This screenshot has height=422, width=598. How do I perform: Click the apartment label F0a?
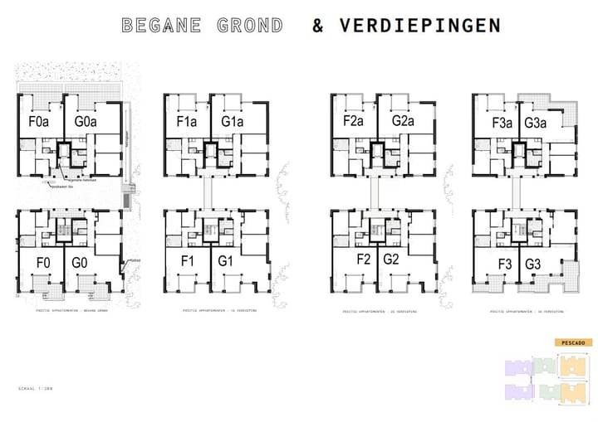coord(40,122)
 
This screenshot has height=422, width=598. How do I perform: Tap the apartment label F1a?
coord(186,122)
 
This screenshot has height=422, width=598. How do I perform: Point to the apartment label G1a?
coord(233,122)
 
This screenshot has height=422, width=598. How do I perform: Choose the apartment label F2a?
coord(355,122)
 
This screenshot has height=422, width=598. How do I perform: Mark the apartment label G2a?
coord(402,122)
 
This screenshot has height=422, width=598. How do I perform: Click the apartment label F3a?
coord(501,123)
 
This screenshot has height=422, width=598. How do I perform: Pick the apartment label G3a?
coord(536,123)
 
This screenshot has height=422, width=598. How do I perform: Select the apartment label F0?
coord(42,264)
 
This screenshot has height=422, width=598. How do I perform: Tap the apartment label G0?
coord(80,264)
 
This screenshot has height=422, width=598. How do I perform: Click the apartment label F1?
coord(188,264)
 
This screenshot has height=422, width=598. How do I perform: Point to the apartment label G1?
coord(225,264)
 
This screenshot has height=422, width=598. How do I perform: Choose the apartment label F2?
coord(363,260)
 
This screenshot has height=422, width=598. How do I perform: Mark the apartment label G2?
coord(393,260)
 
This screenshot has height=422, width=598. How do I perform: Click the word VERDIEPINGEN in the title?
coord(419,25)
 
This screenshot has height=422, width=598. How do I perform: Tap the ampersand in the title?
coord(317,25)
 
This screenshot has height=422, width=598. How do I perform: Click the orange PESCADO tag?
coord(572,342)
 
